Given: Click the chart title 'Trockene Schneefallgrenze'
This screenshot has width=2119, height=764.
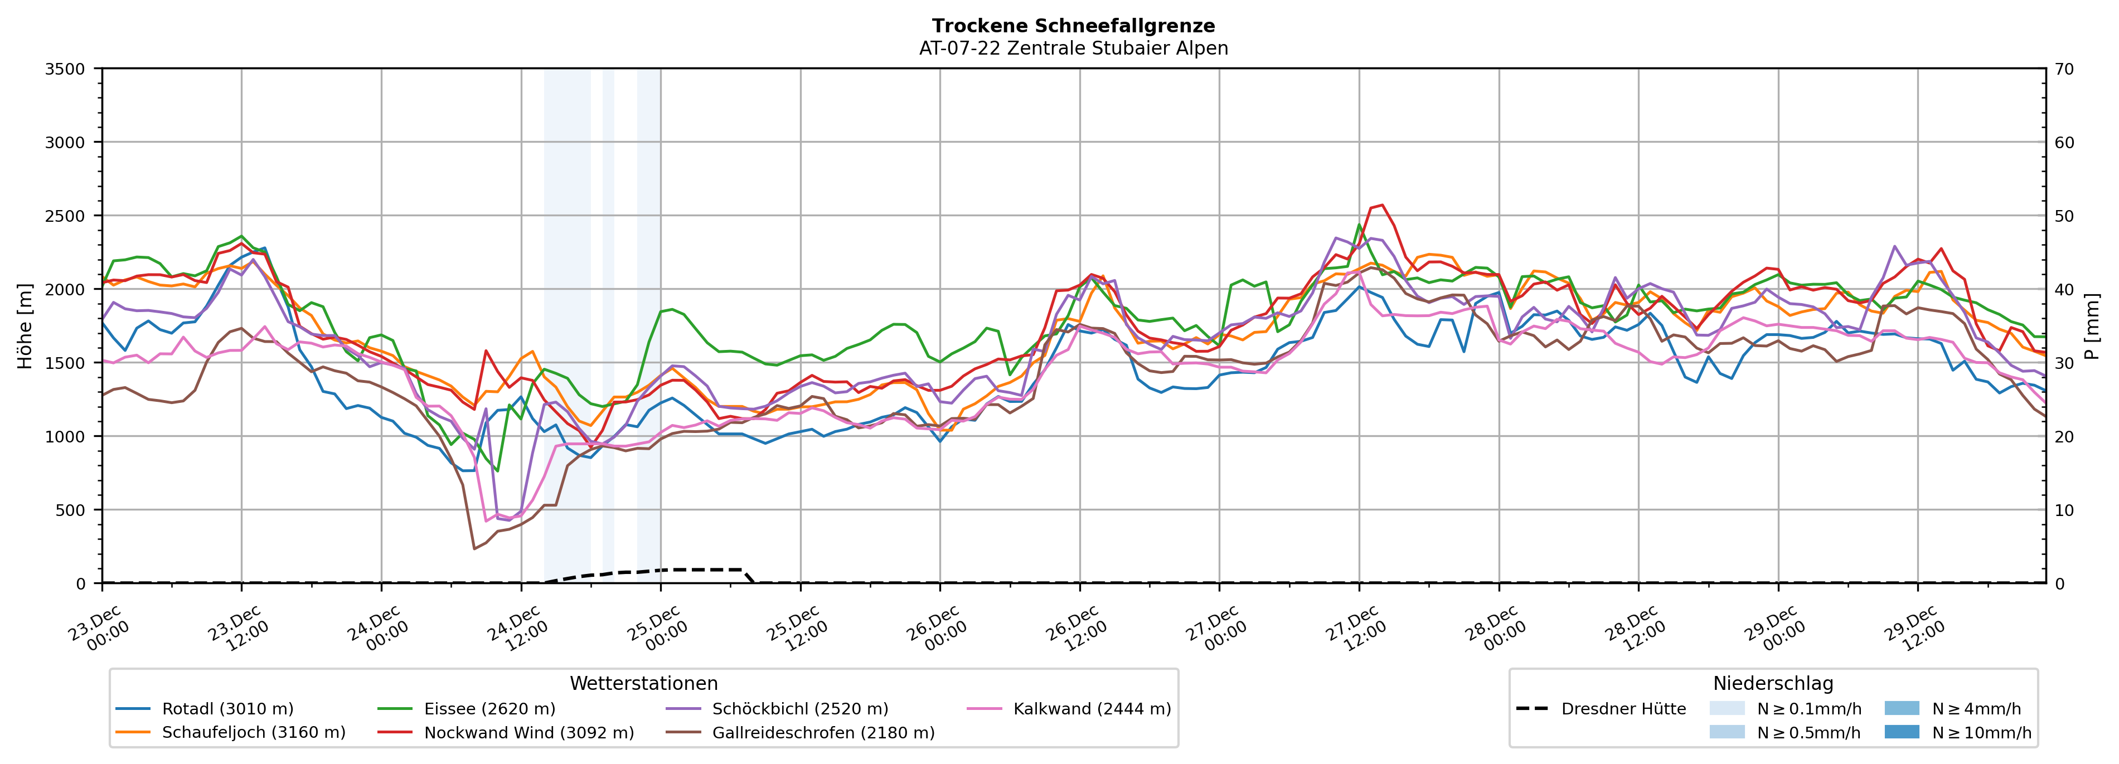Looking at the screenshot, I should click(x=1073, y=26).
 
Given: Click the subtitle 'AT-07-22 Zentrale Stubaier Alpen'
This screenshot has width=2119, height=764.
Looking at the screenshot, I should click(x=1073, y=48).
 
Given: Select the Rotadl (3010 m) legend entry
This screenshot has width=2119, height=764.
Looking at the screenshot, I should click(x=227, y=709).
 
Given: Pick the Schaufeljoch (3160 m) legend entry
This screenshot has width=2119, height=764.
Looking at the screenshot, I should click(x=253, y=733).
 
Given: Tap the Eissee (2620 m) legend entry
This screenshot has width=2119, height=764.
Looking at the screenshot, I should click(x=488, y=709).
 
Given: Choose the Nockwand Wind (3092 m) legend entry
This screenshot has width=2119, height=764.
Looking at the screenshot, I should click(x=528, y=733).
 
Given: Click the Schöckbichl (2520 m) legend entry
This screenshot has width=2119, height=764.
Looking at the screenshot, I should click(x=799, y=709).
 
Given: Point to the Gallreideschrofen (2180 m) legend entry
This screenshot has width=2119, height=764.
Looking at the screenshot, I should click(x=823, y=733).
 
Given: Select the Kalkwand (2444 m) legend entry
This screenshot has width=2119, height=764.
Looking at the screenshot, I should click(x=1092, y=709).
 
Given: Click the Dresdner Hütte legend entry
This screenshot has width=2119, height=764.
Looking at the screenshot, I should click(x=1623, y=709).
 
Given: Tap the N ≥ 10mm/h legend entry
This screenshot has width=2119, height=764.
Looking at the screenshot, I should click(x=1981, y=733).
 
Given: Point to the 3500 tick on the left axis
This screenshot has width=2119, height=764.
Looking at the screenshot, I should click(x=65, y=69).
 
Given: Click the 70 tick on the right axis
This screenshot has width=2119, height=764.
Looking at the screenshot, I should click(x=2064, y=69).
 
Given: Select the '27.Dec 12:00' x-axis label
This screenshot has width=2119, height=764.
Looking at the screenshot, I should click(x=1356, y=629).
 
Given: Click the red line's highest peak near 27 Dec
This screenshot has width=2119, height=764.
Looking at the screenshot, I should click(x=1382, y=206).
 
